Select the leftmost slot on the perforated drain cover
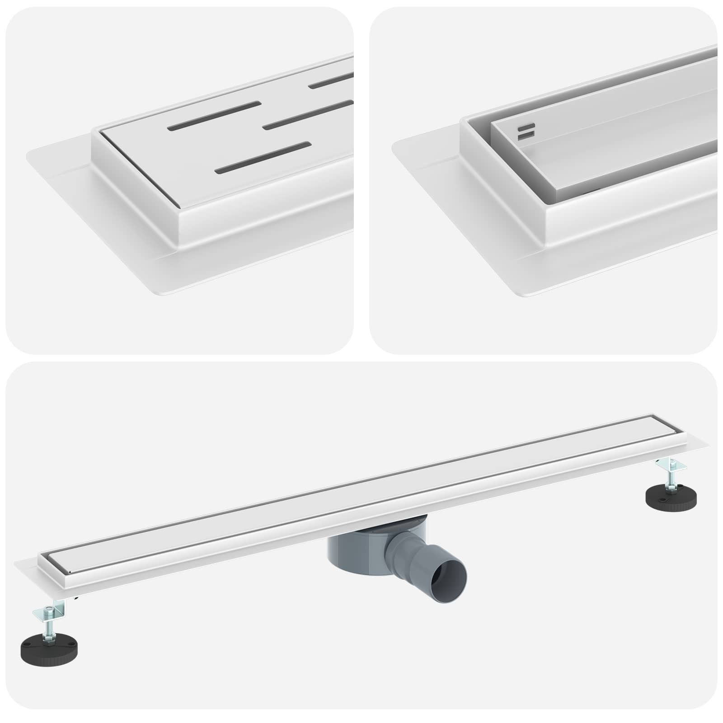pos(214,116)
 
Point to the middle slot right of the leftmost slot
pos(307,115)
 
